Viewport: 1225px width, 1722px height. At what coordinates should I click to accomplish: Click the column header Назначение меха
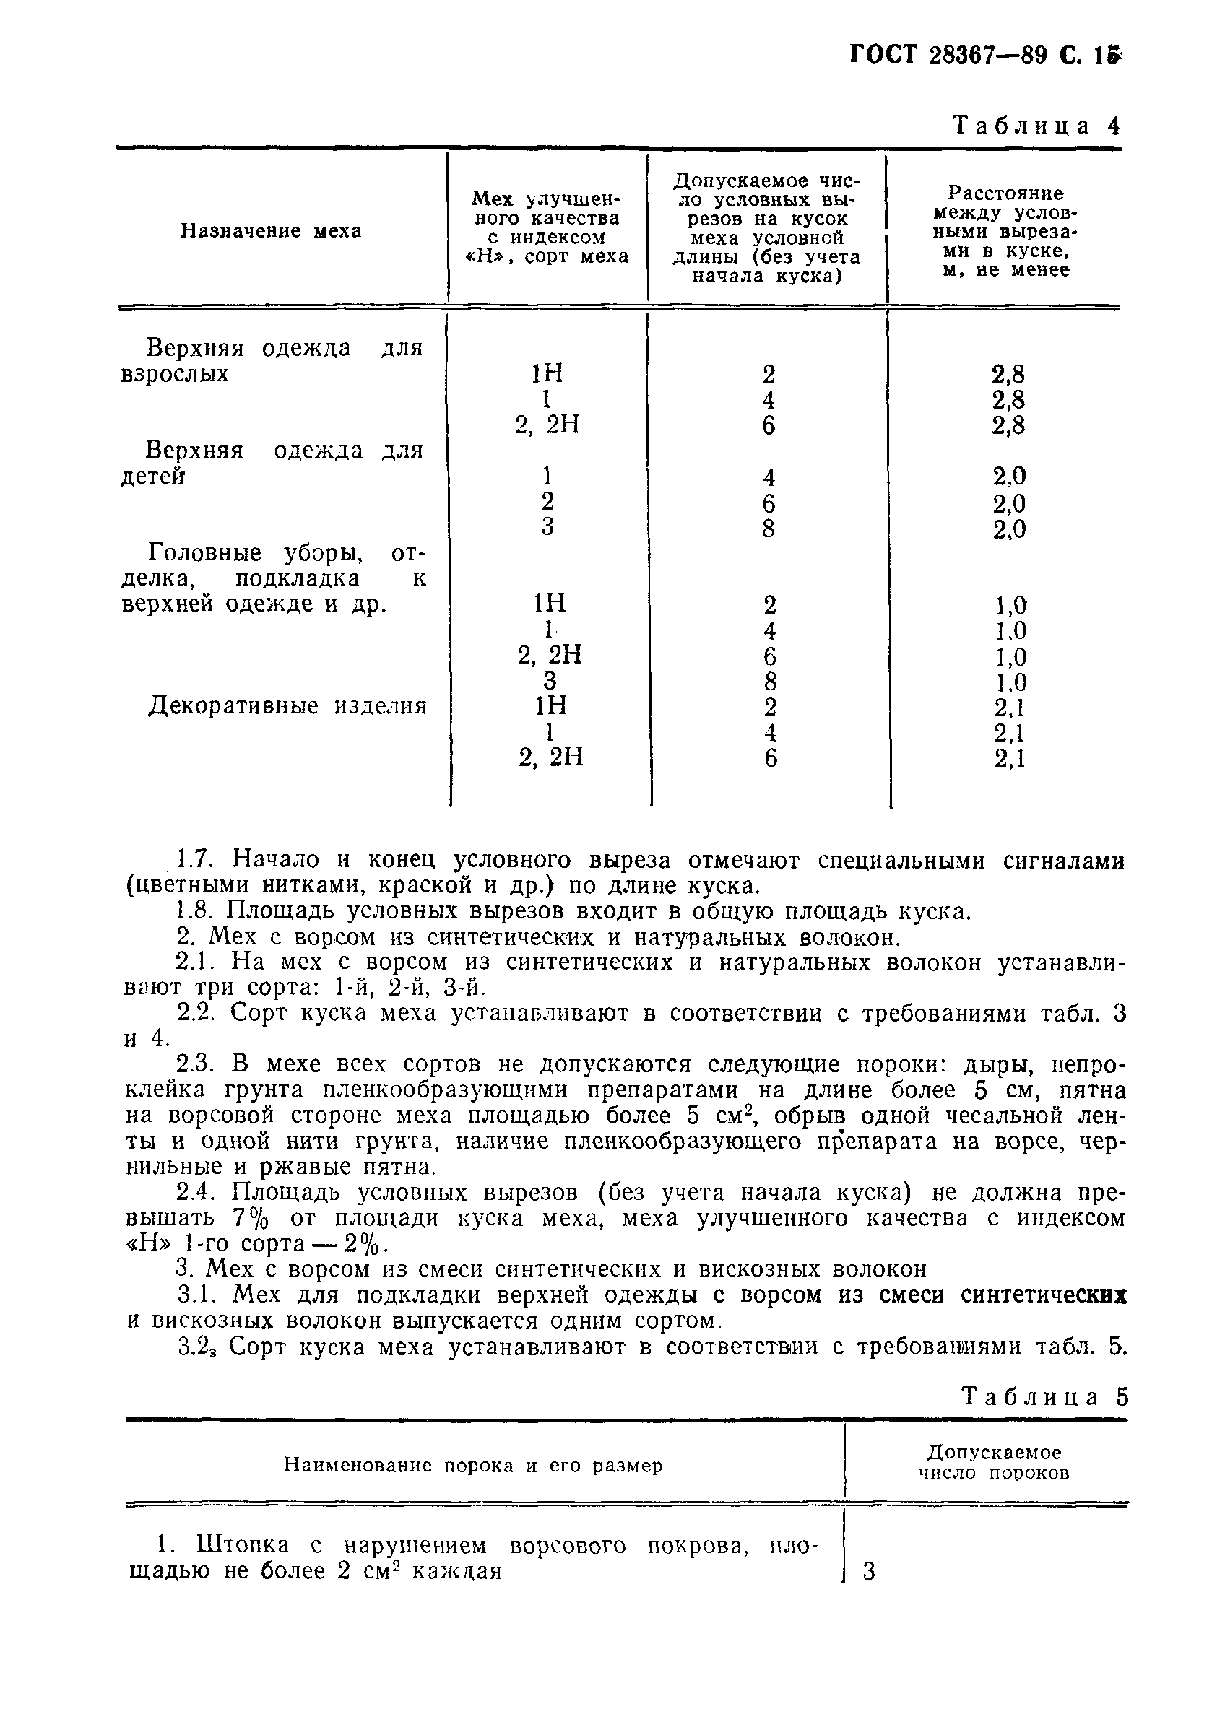271,231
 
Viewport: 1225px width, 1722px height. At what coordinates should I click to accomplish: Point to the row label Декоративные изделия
287,706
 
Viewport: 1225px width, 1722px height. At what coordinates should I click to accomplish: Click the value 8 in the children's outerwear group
768,529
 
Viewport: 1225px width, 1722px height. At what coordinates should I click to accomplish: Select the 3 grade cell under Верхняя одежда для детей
547,526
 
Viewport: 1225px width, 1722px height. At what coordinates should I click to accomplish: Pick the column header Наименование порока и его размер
473,1466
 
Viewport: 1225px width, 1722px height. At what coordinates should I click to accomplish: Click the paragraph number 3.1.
198,1295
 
